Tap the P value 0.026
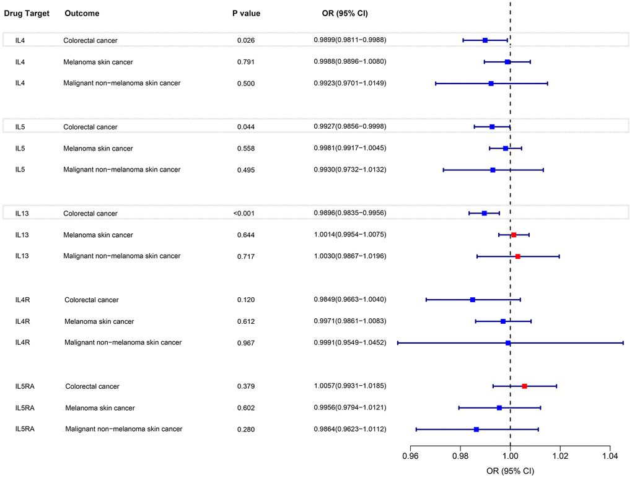click(x=246, y=40)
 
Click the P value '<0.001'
click(x=244, y=214)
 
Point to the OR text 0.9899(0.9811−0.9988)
click(x=350, y=40)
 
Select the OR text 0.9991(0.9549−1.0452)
click(x=350, y=343)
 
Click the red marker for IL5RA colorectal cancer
click(x=525, y=386)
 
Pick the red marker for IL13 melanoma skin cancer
click(x=514, y=235)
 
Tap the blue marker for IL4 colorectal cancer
click(x=485, y=40)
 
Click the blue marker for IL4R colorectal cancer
click(x=473, y=300)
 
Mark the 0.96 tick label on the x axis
click(x=410, y=457)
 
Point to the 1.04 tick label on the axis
click(x=610, y=457)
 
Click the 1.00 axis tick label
click(x=510, y=457)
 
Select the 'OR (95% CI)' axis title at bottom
click(x=510, y=471)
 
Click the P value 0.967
click(x=246, y=343)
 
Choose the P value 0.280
click(x=246, y=430)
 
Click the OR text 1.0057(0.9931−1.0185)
click(x=350, y=386)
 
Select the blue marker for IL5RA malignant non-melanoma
click(x=476, y=430)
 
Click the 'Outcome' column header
click(x=82, y=13)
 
